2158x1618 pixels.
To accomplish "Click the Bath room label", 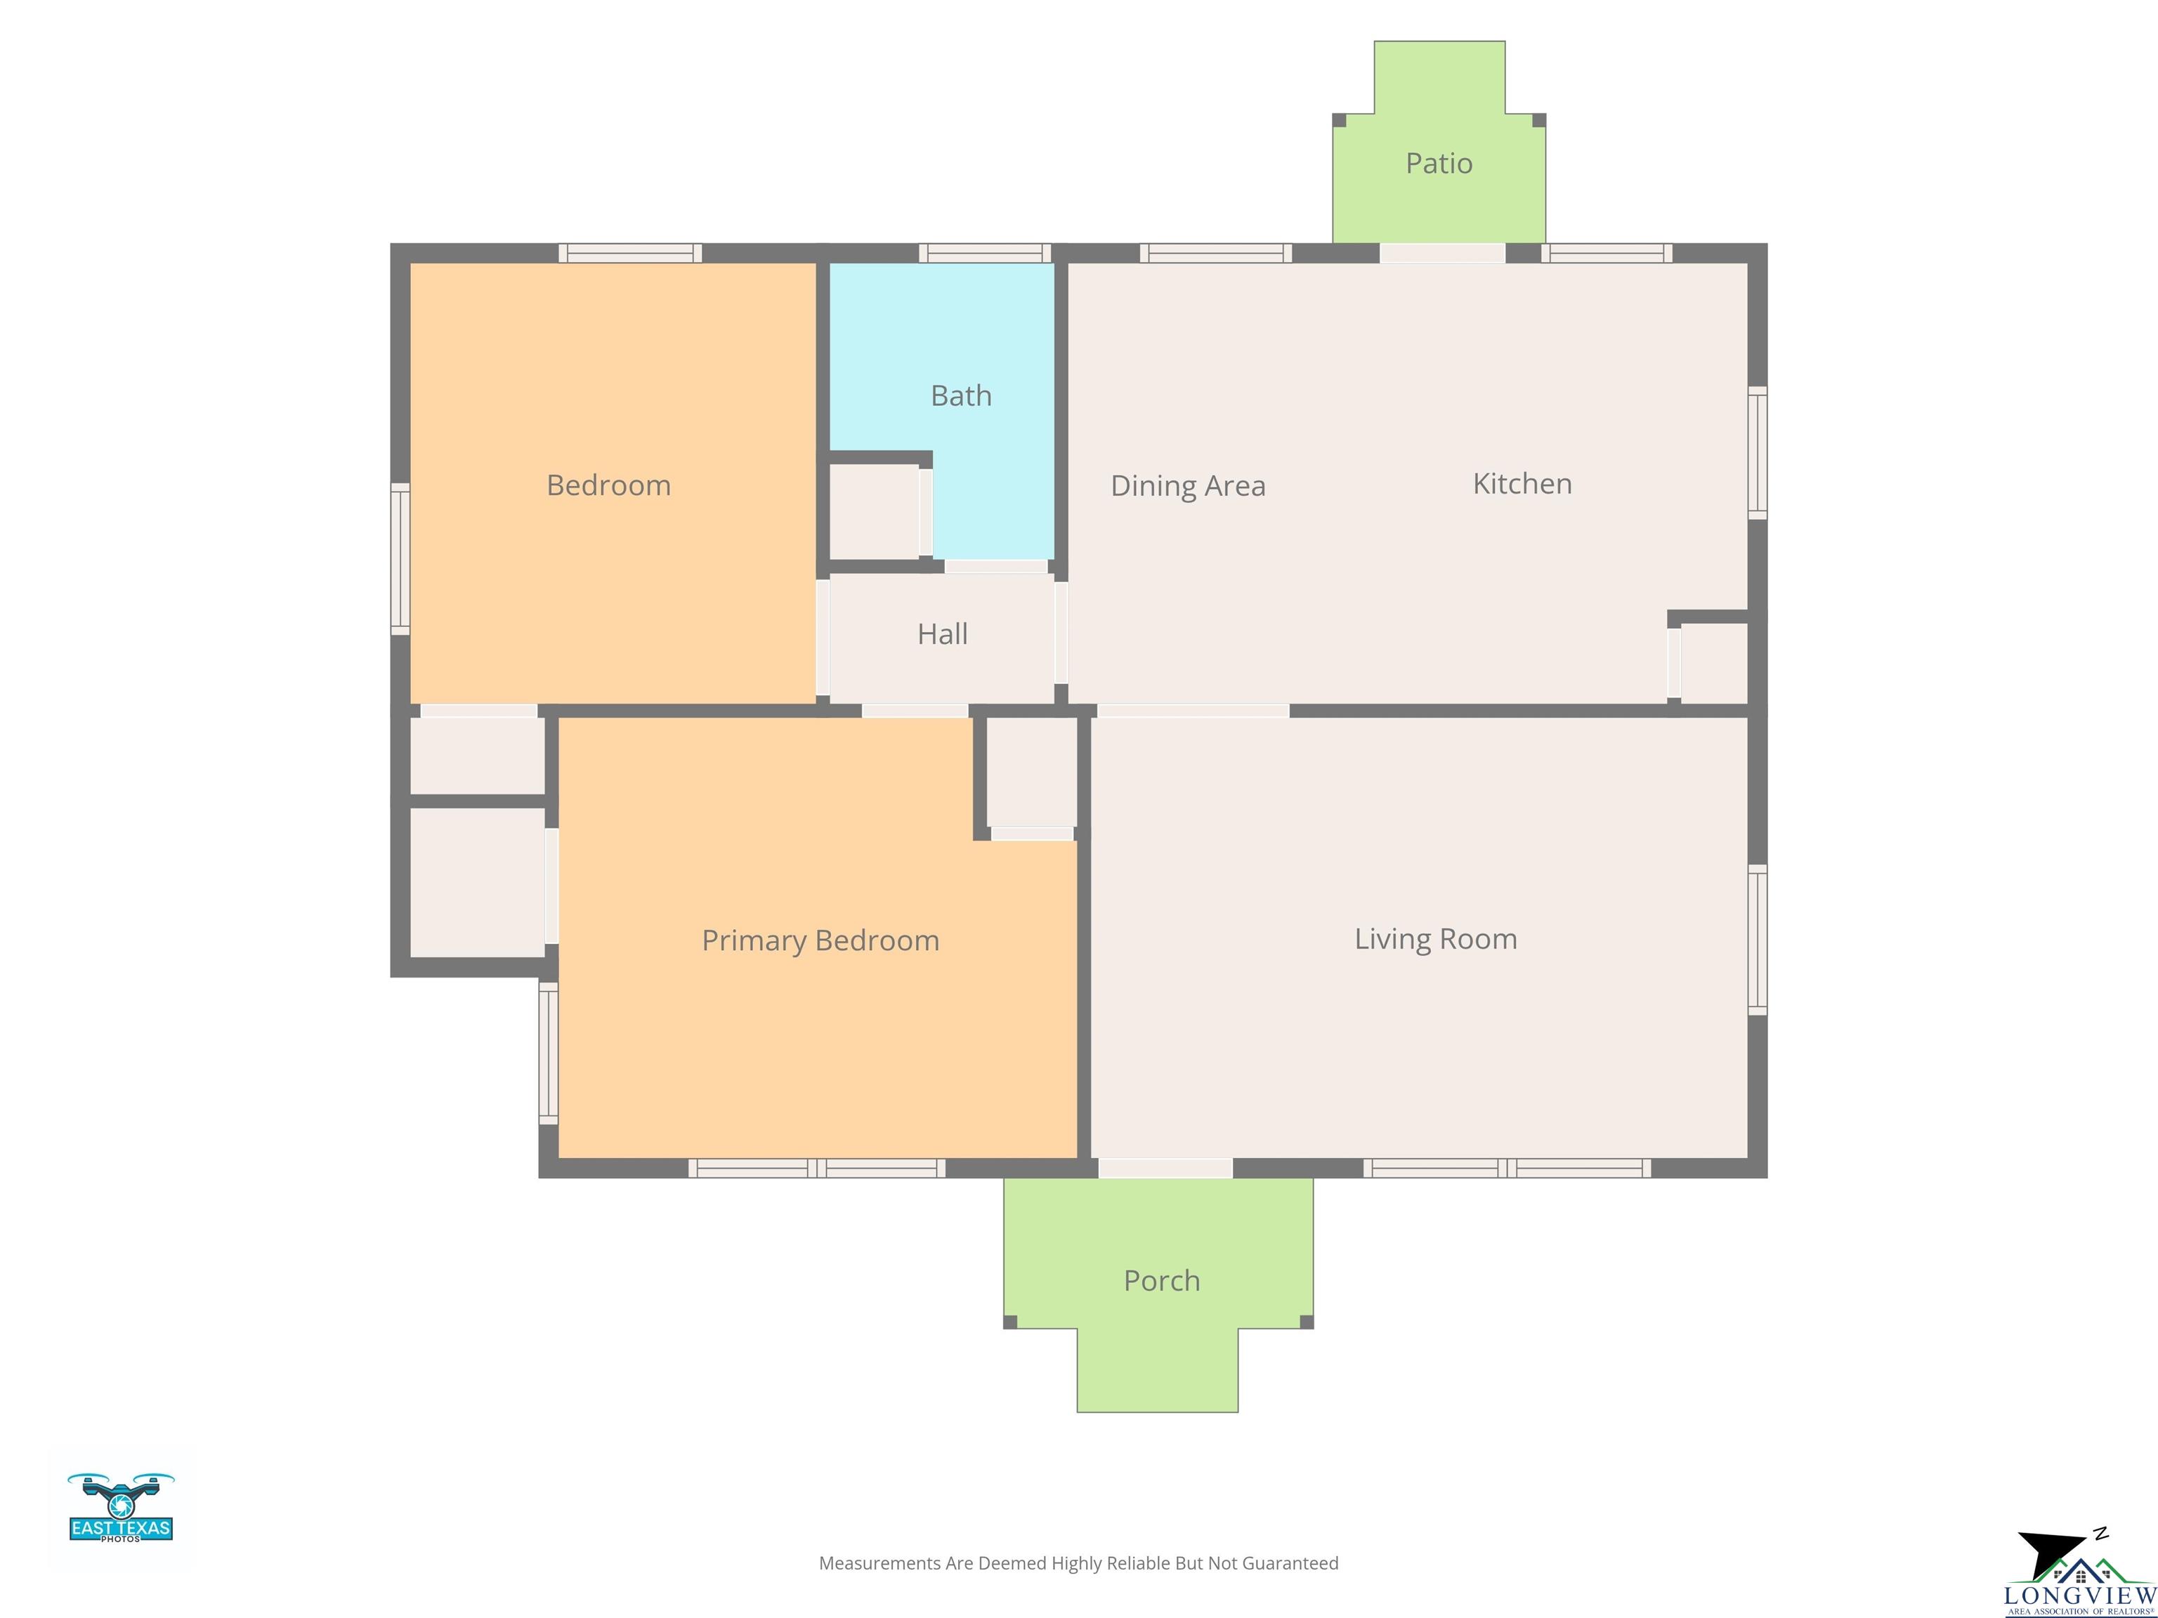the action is point(961,396).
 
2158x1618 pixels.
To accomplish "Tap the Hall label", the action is point(943,634).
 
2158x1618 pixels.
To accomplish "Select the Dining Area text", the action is point(1189,486).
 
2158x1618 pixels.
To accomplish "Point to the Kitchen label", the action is point(1522,484).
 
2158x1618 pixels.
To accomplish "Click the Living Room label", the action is point(1435,939).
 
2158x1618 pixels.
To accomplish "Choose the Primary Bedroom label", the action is point(820,941).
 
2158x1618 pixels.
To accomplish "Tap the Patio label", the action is point(1439,163).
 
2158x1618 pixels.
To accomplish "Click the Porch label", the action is point(1162,1280).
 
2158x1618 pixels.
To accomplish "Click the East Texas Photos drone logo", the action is point(121,1508).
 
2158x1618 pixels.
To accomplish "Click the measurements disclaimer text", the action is point(1079,1563).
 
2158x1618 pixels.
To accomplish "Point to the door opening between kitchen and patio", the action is point(1442,254).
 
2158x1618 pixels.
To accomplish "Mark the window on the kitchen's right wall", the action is point(1757,452).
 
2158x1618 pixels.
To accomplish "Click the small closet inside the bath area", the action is point(874,512).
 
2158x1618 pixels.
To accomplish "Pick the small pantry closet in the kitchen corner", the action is point(1714,663).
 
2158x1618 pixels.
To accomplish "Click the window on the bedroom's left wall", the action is point(400,560).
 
